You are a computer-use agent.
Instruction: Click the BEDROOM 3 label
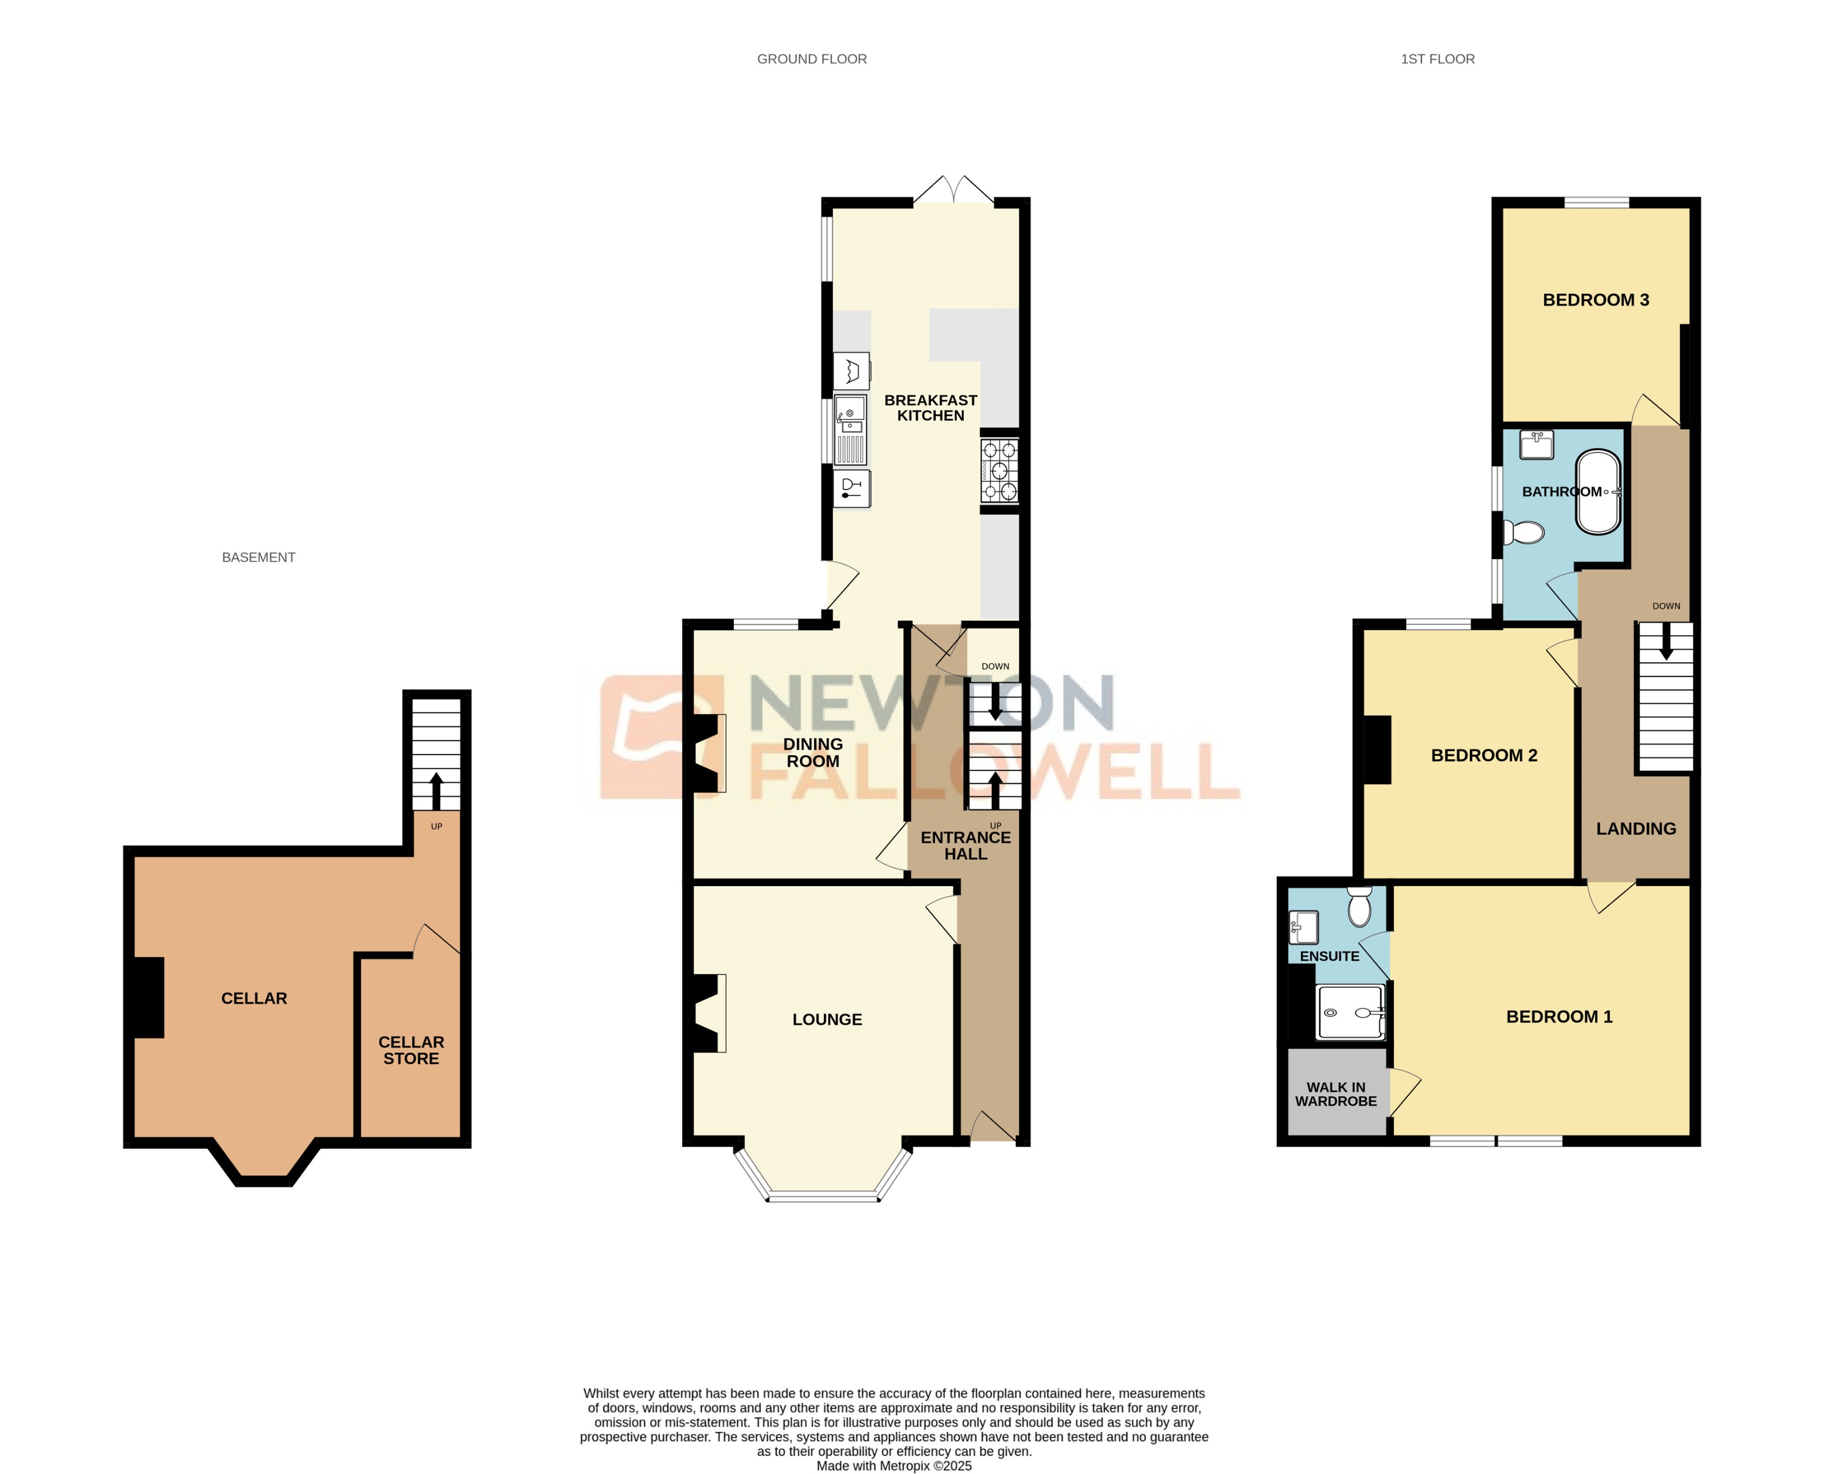coord(1595,299)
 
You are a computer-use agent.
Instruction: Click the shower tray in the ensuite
coord(1350,1012)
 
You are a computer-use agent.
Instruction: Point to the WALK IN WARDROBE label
coord(1335,1094)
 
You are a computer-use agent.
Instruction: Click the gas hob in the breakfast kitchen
coord(999,470)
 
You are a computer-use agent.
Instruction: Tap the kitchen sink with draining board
coord(850,431)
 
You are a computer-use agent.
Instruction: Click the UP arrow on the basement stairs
coord(436,790)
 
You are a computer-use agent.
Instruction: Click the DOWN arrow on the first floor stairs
coord(1665,641)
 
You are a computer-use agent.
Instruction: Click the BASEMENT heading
coord(258,557)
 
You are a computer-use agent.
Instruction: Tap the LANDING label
coord(1636,829)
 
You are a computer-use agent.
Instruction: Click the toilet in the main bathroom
coord(1524,532)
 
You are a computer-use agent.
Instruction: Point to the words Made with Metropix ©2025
coord(894,1465)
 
